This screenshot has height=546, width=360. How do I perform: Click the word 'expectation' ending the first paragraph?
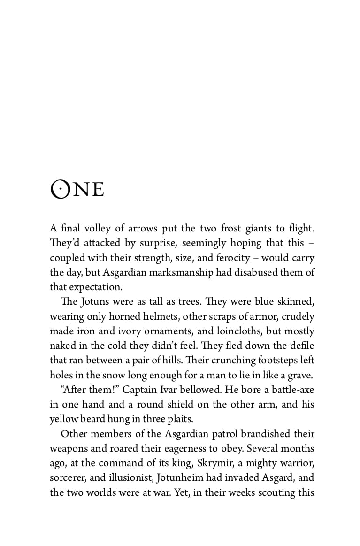tap(92, 287)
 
